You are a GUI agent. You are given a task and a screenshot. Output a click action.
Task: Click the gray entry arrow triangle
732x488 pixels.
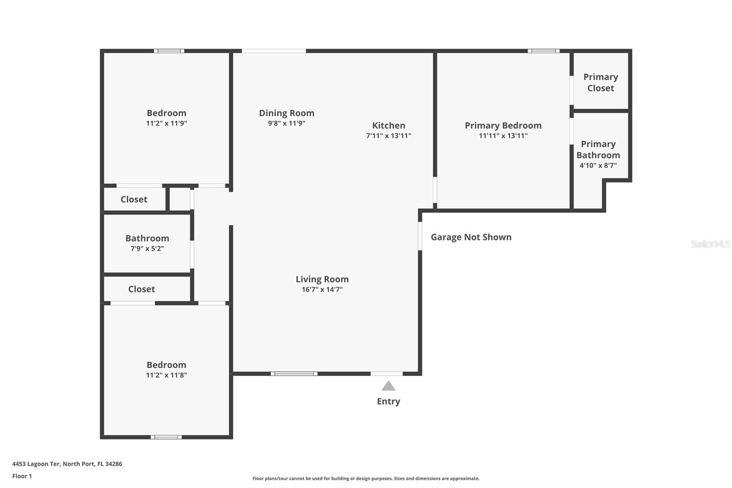388,386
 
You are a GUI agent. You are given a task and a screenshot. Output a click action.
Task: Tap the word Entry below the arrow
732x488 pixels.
388,401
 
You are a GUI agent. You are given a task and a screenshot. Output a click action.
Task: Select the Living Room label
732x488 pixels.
322,279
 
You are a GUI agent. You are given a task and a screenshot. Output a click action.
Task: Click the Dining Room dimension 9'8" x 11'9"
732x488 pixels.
286,123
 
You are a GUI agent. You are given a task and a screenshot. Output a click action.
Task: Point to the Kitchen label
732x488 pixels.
388,125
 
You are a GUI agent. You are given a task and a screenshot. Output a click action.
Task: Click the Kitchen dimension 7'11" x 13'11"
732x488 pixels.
388,136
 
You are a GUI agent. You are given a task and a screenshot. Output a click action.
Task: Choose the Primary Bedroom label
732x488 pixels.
503,125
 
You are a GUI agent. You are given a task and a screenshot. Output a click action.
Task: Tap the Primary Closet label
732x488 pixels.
601,82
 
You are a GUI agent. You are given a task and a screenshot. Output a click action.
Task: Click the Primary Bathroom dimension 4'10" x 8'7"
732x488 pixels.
598,166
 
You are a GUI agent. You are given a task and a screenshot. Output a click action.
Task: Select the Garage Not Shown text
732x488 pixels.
471,237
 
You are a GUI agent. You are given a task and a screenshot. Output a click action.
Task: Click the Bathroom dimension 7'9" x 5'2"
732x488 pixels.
147,249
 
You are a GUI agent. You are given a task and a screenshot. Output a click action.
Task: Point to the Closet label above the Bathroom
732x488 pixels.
134,199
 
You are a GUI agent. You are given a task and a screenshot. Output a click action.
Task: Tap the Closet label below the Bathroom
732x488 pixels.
141,289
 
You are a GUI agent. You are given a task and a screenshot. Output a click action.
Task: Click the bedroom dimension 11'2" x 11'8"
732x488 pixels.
167,375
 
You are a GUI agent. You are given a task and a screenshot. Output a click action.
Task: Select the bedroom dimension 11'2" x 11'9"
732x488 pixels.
167,123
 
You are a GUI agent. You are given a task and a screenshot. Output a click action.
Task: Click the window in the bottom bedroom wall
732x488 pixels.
166,437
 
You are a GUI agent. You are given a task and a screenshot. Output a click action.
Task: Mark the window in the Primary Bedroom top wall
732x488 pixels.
544,51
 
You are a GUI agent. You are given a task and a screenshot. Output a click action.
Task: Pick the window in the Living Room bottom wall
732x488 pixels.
294,374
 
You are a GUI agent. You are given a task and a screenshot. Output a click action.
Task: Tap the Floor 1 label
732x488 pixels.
22,476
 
